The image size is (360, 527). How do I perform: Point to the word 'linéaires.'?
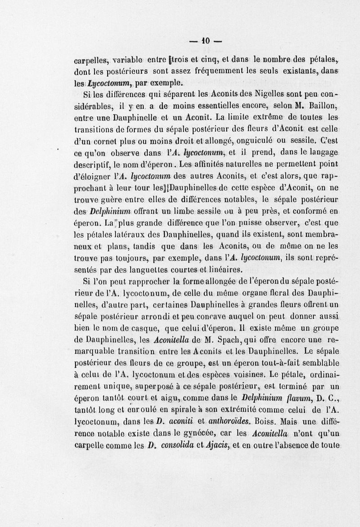click(x=222, y=270)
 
